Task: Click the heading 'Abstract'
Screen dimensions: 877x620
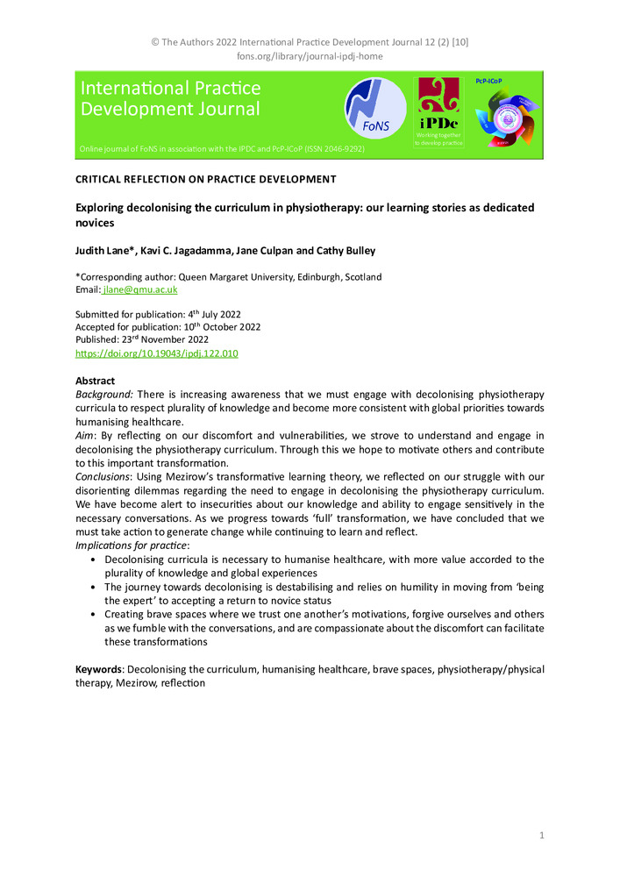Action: [x=96, y=381]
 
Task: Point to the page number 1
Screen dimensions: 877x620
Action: [x=542, y=836]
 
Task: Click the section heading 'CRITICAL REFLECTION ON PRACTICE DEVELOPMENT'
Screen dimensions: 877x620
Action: [x=206, y=180]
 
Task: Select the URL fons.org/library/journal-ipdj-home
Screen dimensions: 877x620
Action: [x=310, y=56]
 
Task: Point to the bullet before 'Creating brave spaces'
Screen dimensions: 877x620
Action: [x=94, y=616]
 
